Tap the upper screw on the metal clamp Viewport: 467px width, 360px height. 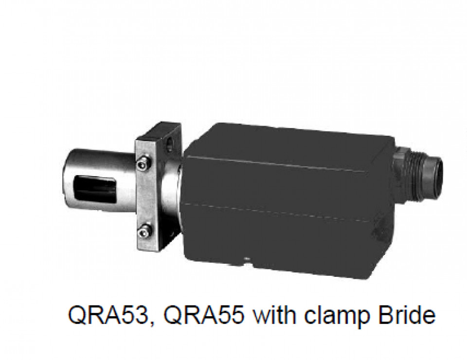click(x=143, y=163)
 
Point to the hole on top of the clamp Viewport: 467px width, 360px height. click(x=170, y=142)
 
